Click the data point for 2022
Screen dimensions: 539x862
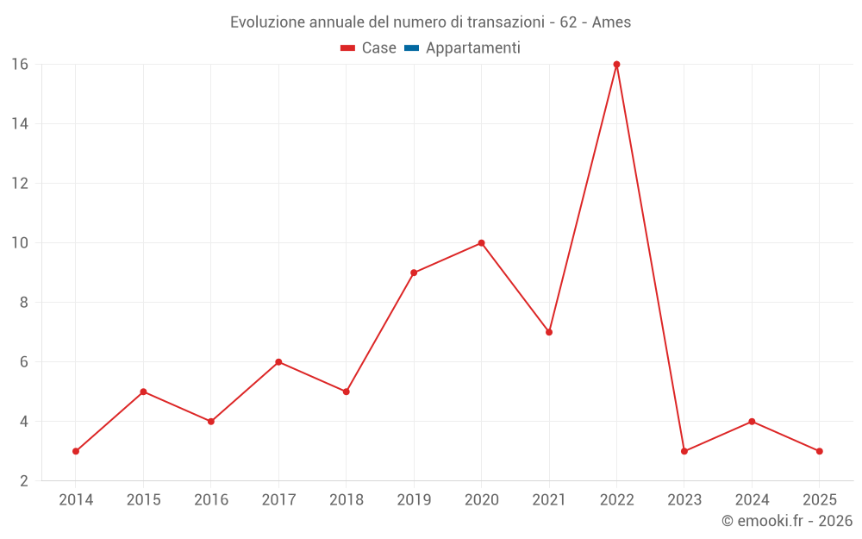click(x=616, y=64)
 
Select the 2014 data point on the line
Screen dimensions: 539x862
click(x=76, y=451)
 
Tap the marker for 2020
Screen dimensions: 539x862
click(x=481, y=242)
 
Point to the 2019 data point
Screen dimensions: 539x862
click(x=414, y=273)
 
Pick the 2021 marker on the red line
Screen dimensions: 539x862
click(x=549, y=332)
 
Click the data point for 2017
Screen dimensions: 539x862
click(x=278, y=362)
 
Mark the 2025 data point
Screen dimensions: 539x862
click(x=819, y=451)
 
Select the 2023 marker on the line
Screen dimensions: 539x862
click(x=684, y=451)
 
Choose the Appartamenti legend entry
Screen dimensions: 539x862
click(x=472, y=48)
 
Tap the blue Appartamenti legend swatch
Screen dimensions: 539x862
click(x=411, y=48)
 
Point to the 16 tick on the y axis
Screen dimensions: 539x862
click(x=20, y=64)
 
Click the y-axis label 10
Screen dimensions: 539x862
click(x=20, y=242)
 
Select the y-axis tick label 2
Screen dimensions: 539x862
click(x=24, y=480)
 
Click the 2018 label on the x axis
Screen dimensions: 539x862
click(x=347, y=500)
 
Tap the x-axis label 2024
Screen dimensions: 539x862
click(x=752, y=500)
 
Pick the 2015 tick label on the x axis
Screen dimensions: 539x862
click(x=143, y=500)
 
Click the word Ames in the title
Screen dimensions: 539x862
click(x=611, y=22)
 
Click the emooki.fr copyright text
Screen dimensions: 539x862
click(x=787, y=521)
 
